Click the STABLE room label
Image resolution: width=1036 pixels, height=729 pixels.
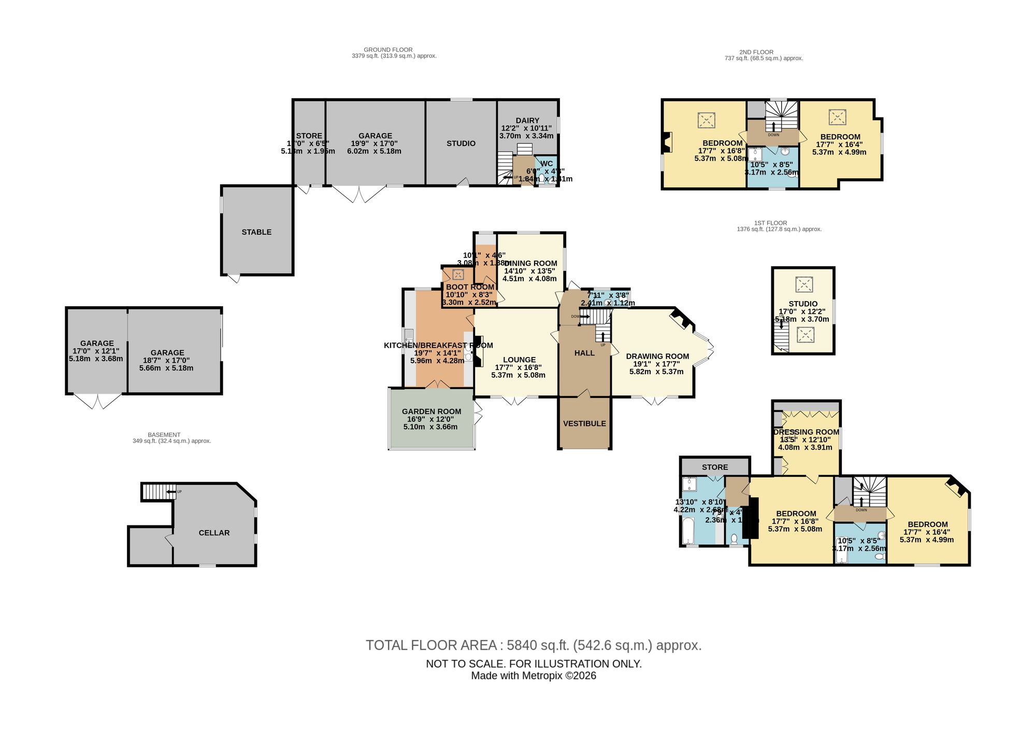(x=256, y=232)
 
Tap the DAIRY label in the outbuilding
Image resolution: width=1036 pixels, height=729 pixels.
(x=527, y=120)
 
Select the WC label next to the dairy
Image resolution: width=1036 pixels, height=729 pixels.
(x=546, y=164)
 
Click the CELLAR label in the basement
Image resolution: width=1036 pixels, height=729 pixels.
(x=214, y=533)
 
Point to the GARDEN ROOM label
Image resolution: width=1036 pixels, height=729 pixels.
(x=431, y=411)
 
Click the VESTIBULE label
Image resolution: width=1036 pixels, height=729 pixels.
(x=584, y=423)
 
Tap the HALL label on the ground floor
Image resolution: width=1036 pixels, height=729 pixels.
(x=584, y=353)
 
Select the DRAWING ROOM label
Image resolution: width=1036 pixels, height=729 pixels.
(x=657, y=356)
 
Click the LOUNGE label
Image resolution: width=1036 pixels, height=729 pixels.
(x=519, y=360)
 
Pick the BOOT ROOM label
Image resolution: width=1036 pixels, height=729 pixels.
(x=470, y=287)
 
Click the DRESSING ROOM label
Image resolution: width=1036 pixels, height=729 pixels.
(x=806, y=432)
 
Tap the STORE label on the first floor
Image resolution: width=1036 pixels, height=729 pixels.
(x=715, y=467)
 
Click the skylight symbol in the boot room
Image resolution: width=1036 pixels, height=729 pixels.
(x=458, y=275)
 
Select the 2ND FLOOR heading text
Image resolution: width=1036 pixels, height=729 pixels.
(x=756, y=52)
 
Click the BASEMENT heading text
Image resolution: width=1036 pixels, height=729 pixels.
(x=164, y=435)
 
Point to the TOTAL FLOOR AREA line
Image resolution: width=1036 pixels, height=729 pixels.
(x=534, y=645)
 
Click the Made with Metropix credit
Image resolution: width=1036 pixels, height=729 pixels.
(x=534, y=676)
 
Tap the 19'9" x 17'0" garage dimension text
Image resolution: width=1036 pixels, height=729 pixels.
(x=375, y=144)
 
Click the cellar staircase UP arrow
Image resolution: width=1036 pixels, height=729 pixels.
(x=171, y=491)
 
